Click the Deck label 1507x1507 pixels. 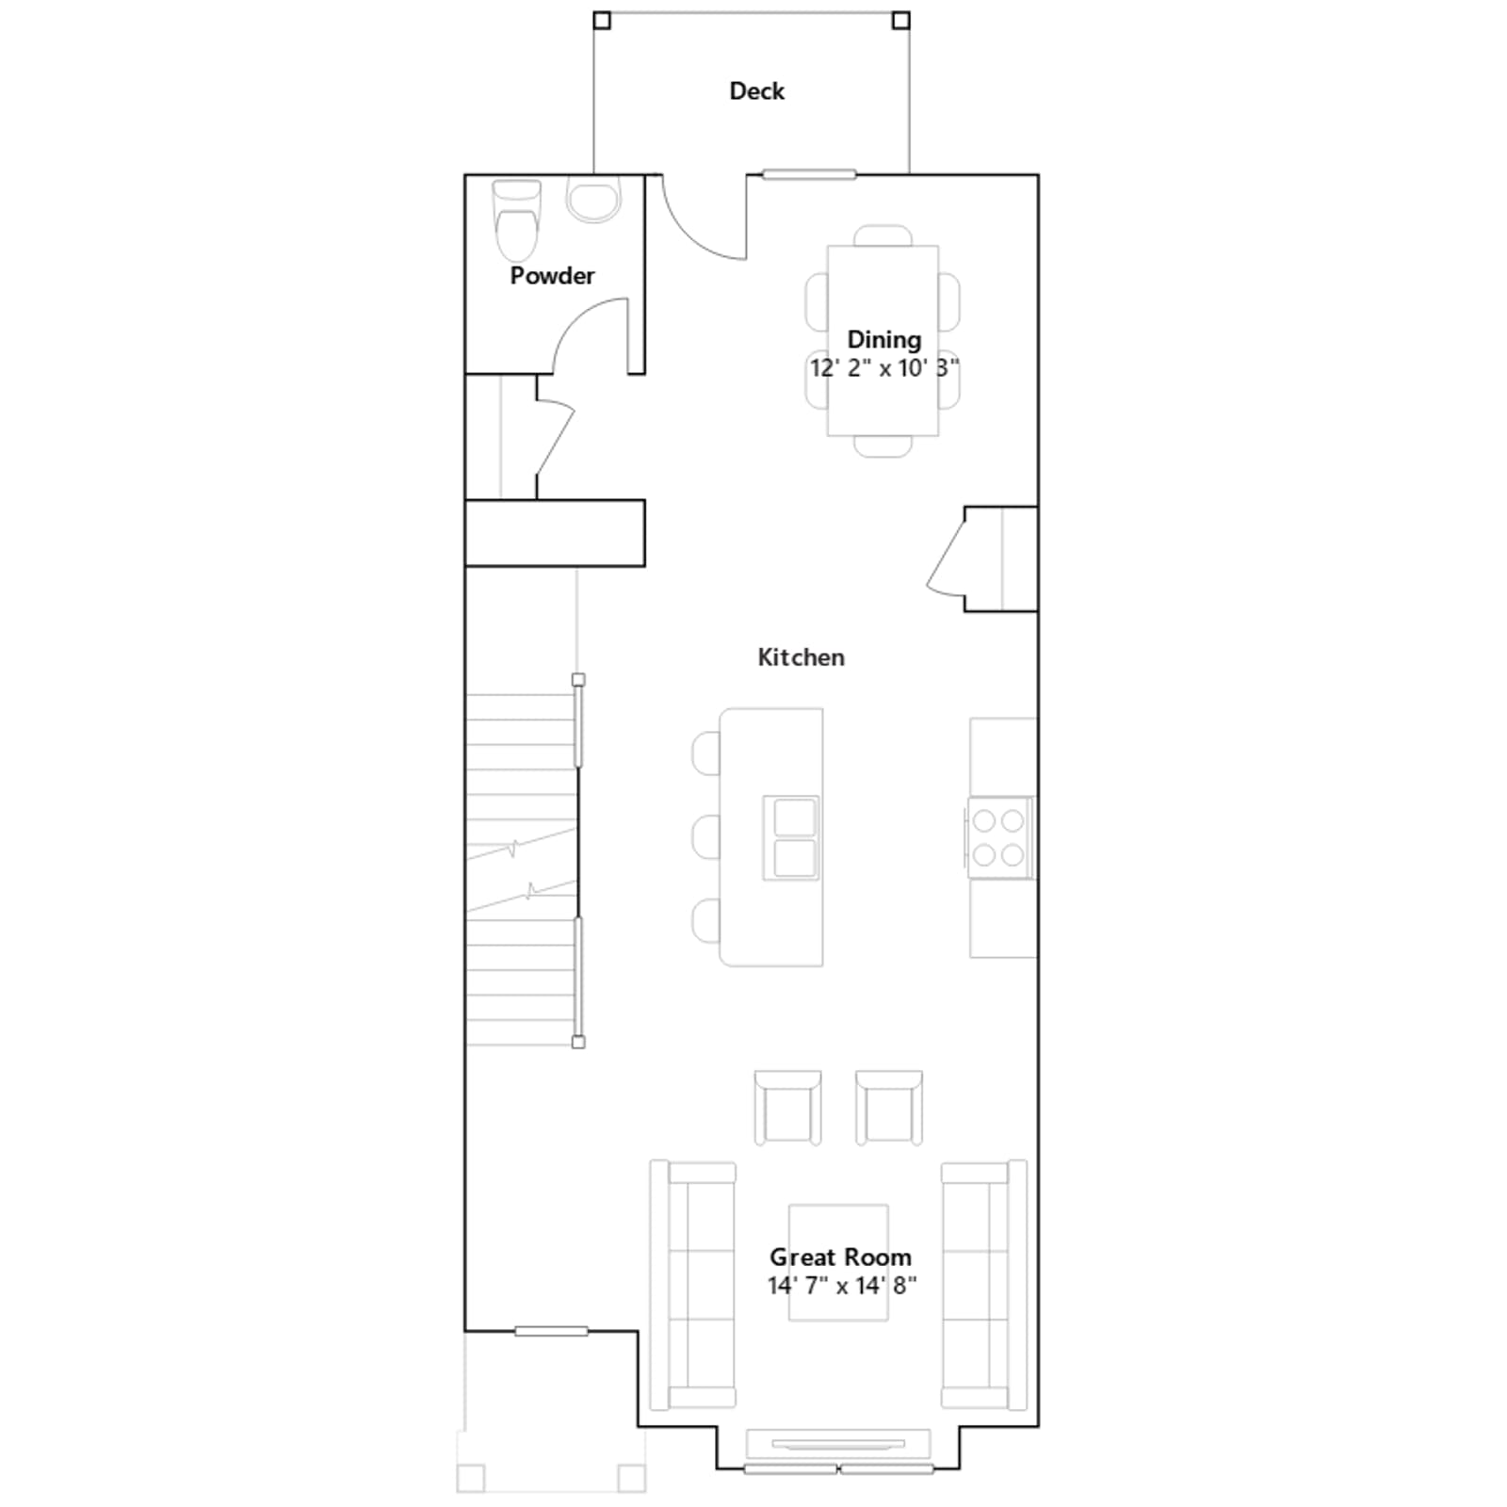(x=756, y=91)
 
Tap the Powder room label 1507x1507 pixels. (x=552, y=276)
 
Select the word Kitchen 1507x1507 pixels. (x=801, y=657)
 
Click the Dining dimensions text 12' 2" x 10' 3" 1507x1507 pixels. (x=883, y=368)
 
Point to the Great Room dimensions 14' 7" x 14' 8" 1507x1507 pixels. (x=841, y=1286)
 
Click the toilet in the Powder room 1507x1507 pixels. (x=517, y=220)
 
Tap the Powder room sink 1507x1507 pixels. (x=593, y=200)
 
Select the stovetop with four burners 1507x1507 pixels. (x=999, y=837)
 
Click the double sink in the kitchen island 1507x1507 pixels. (x=791, y=837)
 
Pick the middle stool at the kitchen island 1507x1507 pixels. (x=706, y=837)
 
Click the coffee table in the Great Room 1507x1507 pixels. (x=838, y=1262)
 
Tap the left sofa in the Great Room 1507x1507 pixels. (x=692, y=1286)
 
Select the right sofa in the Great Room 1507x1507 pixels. (x=984, y=1286)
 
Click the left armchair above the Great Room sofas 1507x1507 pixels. (x=787, y=1108)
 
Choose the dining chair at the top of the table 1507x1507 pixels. (x=883, y=235)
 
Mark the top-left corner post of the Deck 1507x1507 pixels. (x=602, y=21)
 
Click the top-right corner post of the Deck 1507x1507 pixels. (x=901, y=21)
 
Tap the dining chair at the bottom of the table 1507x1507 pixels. (x=883, y=446)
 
